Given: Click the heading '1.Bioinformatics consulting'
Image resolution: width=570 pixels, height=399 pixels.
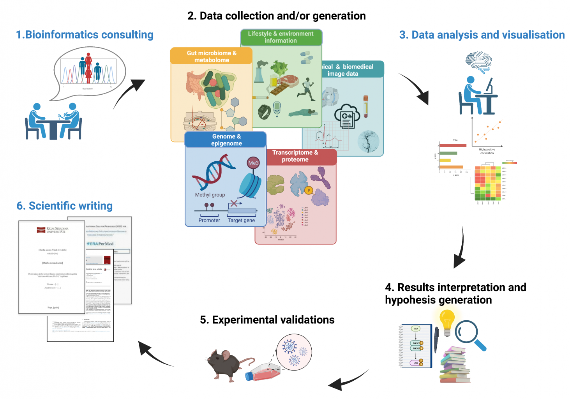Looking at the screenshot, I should (x=85, y=35).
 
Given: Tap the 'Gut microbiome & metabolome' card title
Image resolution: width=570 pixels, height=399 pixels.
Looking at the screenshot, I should (x=211, y=56).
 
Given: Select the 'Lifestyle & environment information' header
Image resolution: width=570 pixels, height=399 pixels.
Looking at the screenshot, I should (x=281, y=37).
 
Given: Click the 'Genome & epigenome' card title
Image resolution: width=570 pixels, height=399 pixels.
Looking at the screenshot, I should (x=226, y=140).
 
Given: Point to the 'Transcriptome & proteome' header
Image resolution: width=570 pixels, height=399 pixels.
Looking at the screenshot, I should (x=295, y=156).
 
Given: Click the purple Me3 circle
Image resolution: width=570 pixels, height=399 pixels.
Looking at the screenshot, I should (x=253, y=163).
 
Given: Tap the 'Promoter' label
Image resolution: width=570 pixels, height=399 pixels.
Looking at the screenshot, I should (x=209, y=220).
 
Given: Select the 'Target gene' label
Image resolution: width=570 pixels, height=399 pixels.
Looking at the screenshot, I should (x=241, y=220).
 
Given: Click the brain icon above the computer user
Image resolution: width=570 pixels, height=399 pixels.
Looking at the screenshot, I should (x=478, y=62).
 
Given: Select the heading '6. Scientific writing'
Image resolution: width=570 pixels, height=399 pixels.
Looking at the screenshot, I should (x=64, y=206).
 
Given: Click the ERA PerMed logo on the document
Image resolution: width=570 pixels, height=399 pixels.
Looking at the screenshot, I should (x=100, y=244).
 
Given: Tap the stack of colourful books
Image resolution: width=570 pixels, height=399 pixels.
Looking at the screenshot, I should (x=454, y=364).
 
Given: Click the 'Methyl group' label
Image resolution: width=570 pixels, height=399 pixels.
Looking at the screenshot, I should (x=210, y=195).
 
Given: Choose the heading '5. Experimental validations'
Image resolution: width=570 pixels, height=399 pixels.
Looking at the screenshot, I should (x=267, y=320).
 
